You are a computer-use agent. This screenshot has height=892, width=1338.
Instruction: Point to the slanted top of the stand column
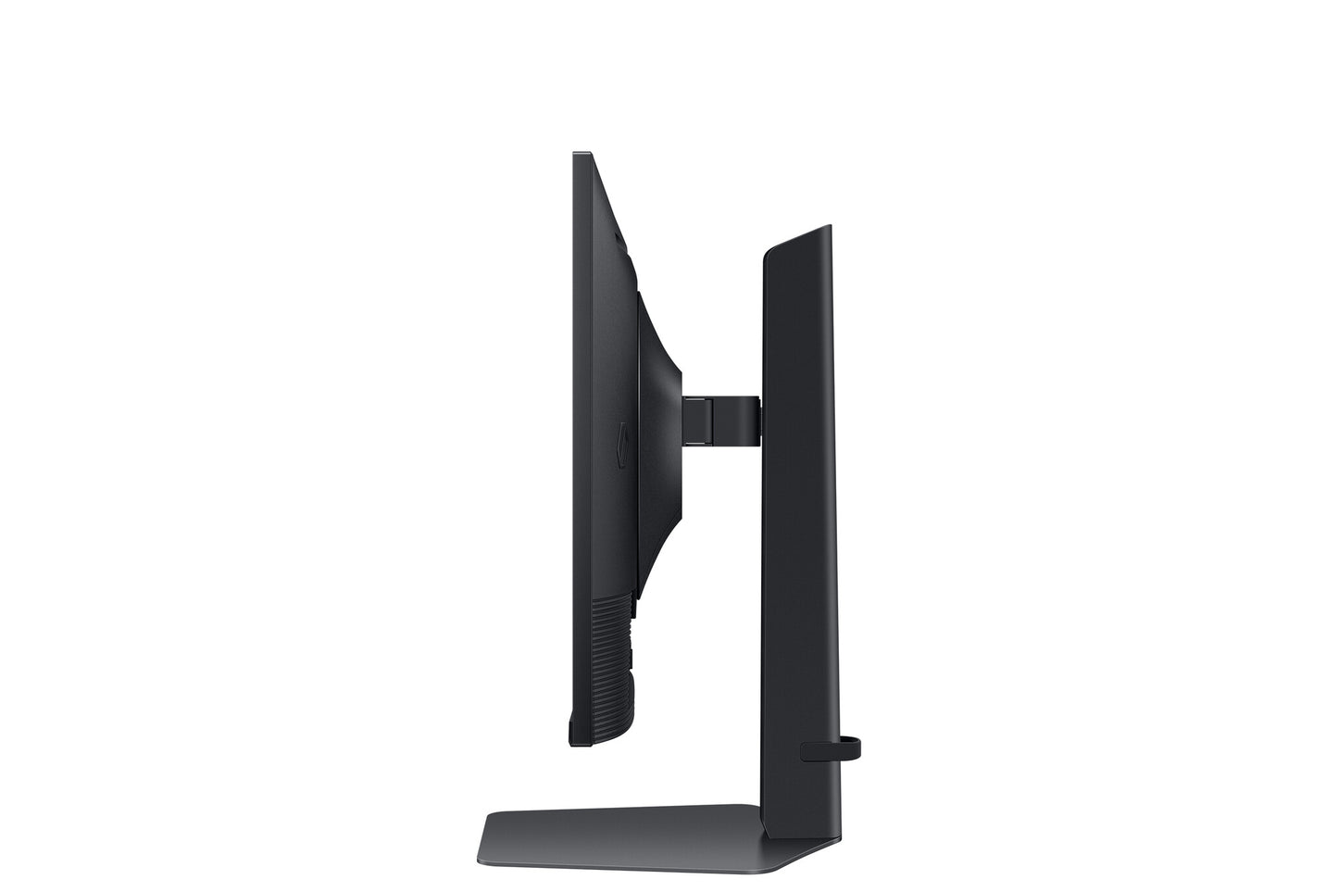(796, 239)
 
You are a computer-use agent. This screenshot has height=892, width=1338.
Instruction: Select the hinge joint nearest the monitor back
(696, 416)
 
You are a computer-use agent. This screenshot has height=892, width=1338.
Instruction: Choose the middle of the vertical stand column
(798, 519)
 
